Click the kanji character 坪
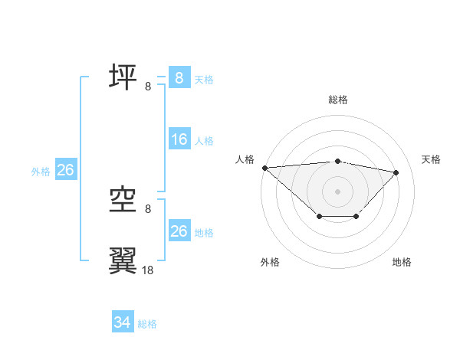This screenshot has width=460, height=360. point(123,77)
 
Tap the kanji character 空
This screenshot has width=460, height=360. point(123,200)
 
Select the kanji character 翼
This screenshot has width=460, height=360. point(123,260)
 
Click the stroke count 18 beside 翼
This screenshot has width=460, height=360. point(148,270)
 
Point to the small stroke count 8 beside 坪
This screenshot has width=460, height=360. point(148,87)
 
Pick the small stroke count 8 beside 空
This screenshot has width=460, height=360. point(148,209)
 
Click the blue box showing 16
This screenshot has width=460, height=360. point(179,139)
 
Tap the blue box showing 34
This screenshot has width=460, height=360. point(123,322)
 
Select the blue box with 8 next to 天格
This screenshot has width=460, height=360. point(179,77)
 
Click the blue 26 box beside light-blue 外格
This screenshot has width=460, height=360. point(65,170)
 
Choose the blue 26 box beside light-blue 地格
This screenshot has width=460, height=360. point(179,231)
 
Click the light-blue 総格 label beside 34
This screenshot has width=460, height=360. point(147,324)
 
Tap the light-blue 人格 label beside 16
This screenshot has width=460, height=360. point(204,141)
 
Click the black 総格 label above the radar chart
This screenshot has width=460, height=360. point(337,100)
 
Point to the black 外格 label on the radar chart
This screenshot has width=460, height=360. point(270,262)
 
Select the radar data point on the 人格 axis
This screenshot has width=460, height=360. point(264,168)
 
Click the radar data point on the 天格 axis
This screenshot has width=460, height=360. point(396,172)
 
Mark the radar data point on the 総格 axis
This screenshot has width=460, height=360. point(337,161)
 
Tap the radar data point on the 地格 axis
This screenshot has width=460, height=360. point(356,217)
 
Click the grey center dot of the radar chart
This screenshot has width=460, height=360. point(337,191)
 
